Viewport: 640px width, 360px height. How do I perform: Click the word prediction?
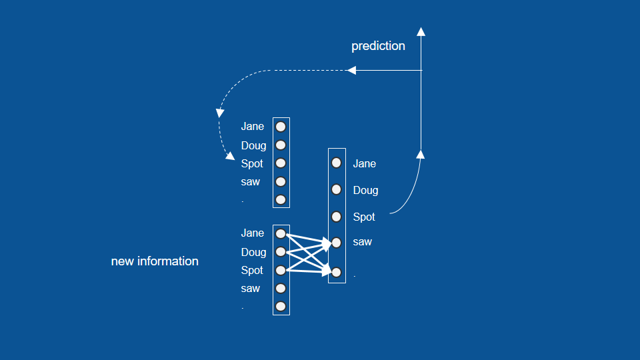(378, 46)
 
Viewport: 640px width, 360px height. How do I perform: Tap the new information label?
(155, 261)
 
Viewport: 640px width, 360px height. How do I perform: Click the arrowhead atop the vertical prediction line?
(421, 31)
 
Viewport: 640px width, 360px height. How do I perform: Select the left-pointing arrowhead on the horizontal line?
(352, 70)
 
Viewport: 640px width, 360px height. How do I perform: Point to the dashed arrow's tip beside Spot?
(231, 157)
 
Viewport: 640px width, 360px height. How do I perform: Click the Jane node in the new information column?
(281, 233)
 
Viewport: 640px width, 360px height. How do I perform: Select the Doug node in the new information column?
(281, 251)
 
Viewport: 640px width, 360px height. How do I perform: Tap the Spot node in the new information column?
(281, 270)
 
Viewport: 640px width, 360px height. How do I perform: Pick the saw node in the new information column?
(281, 288)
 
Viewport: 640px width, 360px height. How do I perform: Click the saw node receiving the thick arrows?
(337, 242)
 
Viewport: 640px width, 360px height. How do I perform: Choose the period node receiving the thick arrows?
(337, 272)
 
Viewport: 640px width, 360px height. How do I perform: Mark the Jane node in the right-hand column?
(337, 163)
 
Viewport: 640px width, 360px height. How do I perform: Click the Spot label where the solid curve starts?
(364, 217)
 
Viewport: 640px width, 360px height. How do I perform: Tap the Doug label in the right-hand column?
(365, 190)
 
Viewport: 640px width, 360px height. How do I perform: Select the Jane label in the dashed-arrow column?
(253, 127)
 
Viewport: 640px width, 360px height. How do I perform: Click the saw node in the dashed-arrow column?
(281, 181)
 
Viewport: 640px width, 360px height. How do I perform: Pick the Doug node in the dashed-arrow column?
(281, 145)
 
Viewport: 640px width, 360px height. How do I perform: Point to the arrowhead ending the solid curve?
(421, 155)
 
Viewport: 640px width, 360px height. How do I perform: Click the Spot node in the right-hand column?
(337, 216)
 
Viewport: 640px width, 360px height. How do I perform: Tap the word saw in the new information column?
(251, 289)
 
